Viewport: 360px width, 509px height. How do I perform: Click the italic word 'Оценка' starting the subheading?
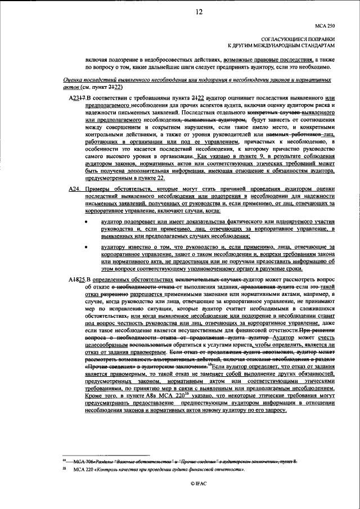click(73, 80)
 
